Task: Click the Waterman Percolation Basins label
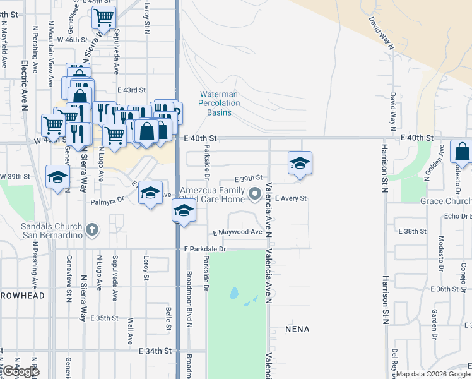219,104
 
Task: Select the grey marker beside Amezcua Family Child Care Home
255,194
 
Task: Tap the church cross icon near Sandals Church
92,229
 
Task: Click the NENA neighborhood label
297,329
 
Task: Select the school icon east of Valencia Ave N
300,163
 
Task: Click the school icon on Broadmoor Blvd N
184,210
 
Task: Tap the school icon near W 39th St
57,177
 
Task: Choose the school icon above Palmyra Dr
150,193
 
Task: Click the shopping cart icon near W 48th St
104,16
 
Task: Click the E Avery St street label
290,198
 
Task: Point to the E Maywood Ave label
237,232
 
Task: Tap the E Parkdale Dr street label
205,249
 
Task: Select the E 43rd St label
131,90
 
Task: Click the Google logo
20,371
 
